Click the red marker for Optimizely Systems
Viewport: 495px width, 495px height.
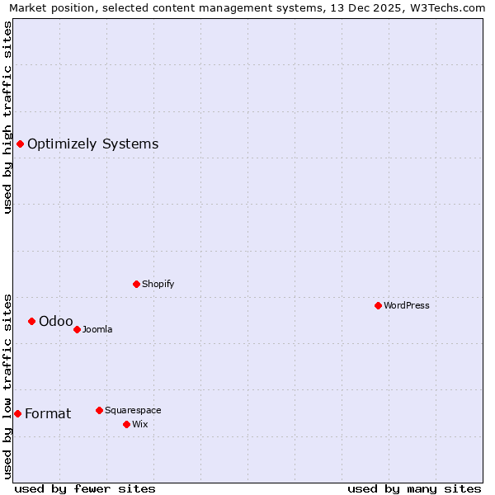click(20, 144)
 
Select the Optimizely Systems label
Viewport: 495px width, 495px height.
click(92, 144)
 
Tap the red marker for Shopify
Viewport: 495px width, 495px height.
click(136, 284)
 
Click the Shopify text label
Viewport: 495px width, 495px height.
click(158, 284)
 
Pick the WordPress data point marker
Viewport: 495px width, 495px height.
click(378, 305)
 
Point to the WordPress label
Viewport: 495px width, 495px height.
click(406, 305)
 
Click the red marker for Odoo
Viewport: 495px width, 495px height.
click(31, 321)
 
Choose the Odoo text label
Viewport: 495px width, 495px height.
click(55, 321)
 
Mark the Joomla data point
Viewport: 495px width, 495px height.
click(77, 329)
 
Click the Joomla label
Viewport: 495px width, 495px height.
click(97, 330)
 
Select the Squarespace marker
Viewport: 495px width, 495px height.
click(99, 410)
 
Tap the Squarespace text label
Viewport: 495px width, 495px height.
click(133, 410)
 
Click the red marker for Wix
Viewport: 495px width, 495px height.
click(126, 424)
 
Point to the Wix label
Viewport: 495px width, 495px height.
click(139, 424)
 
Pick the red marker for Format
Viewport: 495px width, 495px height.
click(17, 413)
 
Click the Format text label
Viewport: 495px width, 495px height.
click(48, 413)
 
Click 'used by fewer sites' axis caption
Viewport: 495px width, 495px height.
click(85, 488)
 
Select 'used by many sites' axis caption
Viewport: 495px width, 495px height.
click(414, 488)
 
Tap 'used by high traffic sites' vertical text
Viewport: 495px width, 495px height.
click(7, 117)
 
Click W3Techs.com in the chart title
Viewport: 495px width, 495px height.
click(446, 7)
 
